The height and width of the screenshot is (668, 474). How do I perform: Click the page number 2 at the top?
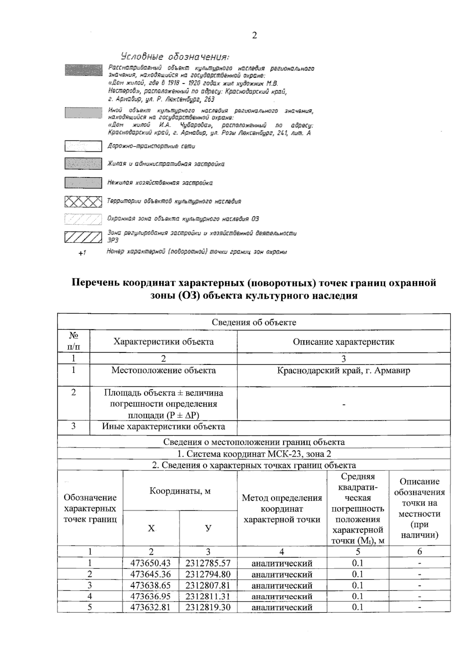click(x=254, y=35)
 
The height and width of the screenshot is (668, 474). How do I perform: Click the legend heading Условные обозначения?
click(x=175, y=56)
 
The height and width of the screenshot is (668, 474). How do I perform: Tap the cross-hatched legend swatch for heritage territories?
click(x=83, y=202)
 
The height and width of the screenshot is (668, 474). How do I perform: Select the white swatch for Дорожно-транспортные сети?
click(x=83, y=146)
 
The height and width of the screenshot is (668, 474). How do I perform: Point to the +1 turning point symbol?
click(x=82, y=253)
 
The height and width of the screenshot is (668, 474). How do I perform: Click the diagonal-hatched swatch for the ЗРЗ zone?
click(x=83, y=237)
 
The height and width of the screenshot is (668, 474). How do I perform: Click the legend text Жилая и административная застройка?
click(x=166, y=164)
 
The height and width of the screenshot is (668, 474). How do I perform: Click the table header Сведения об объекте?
click(x=254, y=322)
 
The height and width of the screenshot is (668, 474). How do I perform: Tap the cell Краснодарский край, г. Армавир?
click(x=343, y=371)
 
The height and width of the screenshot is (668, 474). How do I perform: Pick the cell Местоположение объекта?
click(x=163, y=371)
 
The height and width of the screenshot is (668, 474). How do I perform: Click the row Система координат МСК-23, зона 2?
click(x=254, y=454)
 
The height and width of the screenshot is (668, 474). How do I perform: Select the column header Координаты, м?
click(x=180, y=491)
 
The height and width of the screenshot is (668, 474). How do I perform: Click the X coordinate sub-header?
click(x=151, y=528)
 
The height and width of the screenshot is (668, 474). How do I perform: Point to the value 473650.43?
click(x=150, y=563)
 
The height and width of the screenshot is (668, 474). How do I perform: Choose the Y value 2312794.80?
click(x=208, y=574)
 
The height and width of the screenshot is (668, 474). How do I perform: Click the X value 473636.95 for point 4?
click(x=150, y=596)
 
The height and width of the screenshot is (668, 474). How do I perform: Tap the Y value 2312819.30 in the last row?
click(x=208, y=607)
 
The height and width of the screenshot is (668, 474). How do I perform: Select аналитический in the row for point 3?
click(x=282, y=585)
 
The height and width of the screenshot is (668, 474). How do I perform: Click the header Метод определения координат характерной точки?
click(x=282, y=509)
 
